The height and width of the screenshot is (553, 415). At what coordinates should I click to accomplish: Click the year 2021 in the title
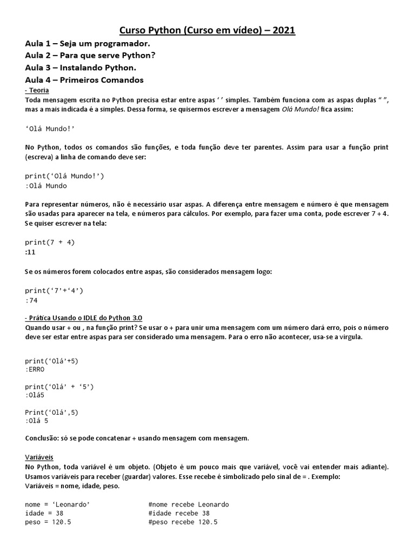pyautogui.click(x=284, y=31)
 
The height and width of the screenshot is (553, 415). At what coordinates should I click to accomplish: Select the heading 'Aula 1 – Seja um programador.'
pyautogui.click(x=88, y=44)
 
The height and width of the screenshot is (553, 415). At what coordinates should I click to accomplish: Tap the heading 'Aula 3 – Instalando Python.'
pyautogui.click(x=81, y=68)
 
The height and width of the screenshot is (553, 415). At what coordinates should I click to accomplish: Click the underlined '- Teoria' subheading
pyautogui.click(x=37, y=90)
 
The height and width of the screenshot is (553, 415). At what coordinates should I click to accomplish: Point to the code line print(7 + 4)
pyautogui.click(x=50, y=242)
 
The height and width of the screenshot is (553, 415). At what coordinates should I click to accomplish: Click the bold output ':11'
pyautogui.click(x=30, y=252)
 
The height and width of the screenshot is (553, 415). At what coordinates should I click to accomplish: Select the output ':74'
pyautogui.click(x=31, y=300)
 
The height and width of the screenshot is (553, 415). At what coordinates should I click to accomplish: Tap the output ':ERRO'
pyautogui.click(x=35, y=370)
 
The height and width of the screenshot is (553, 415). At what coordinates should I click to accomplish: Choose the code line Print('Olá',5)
pyautogui.click(x=51, y=412)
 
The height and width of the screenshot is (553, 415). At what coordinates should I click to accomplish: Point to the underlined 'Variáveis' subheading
pyautogui.click(x=39, y=457)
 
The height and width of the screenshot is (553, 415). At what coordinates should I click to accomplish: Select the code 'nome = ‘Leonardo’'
pyautogui.click(x=57, y=504)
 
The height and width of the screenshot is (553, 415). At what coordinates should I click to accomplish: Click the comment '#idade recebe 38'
pyautogui.click(x=179, y=513)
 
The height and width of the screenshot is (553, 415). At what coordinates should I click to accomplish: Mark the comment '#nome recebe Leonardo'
pyautogui.click(x=189, y=504)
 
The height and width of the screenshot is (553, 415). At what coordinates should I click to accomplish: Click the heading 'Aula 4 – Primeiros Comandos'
pyautogui.click(x=84, y=80)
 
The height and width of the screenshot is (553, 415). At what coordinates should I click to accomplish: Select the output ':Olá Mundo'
pyautogui.click(x=46, y=186)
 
